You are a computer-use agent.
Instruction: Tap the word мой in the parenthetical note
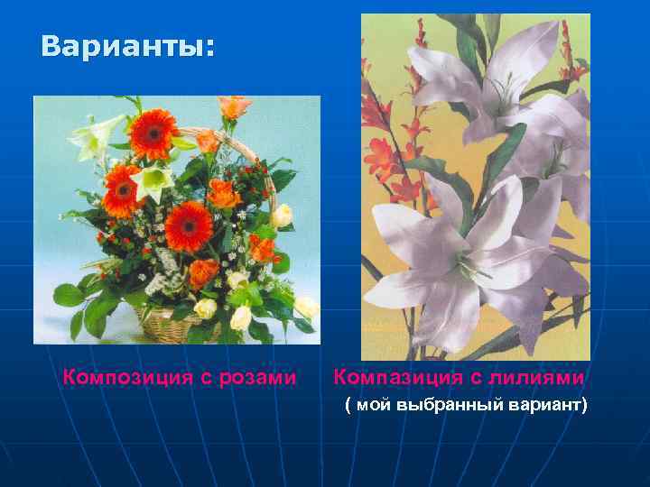[x=374, y=406]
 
